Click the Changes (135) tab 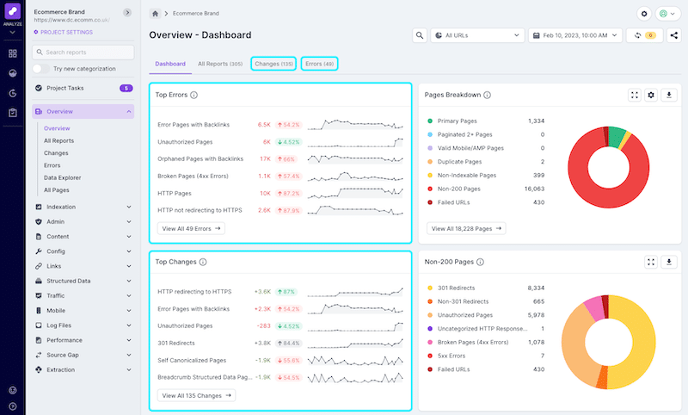[x=274, y=64]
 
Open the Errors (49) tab [x=320, y=64]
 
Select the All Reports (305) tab [x=219, y=64]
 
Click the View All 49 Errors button [x=191, y=228]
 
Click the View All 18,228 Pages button [x=466, y=228]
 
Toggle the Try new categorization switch [x=40, y=68]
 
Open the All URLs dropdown [x=478, y=35]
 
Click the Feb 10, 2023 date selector [x=575, y=35]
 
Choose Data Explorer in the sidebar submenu [x=62, y=177]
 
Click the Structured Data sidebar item [x=68, y=281]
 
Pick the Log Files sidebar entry [x=61, y=325]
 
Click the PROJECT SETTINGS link [x=64, y=32]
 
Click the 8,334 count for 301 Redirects [x=533, y=288]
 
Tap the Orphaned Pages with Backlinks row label [x=200, y=159]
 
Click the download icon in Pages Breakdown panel [x=670, y=95]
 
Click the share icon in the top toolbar [x=673, y=35]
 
